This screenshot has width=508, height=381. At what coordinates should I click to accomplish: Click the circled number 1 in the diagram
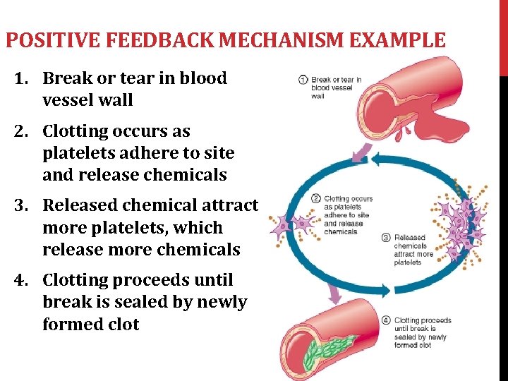[x=303, y=80]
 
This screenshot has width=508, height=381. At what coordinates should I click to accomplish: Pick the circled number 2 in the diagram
[x=316, y=199]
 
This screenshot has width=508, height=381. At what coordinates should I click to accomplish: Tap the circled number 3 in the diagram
[x=385, y=238]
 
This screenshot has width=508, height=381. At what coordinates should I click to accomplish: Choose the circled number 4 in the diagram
[x=386, y=320]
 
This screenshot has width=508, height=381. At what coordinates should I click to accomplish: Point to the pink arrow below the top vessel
[x=366, y=150]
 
